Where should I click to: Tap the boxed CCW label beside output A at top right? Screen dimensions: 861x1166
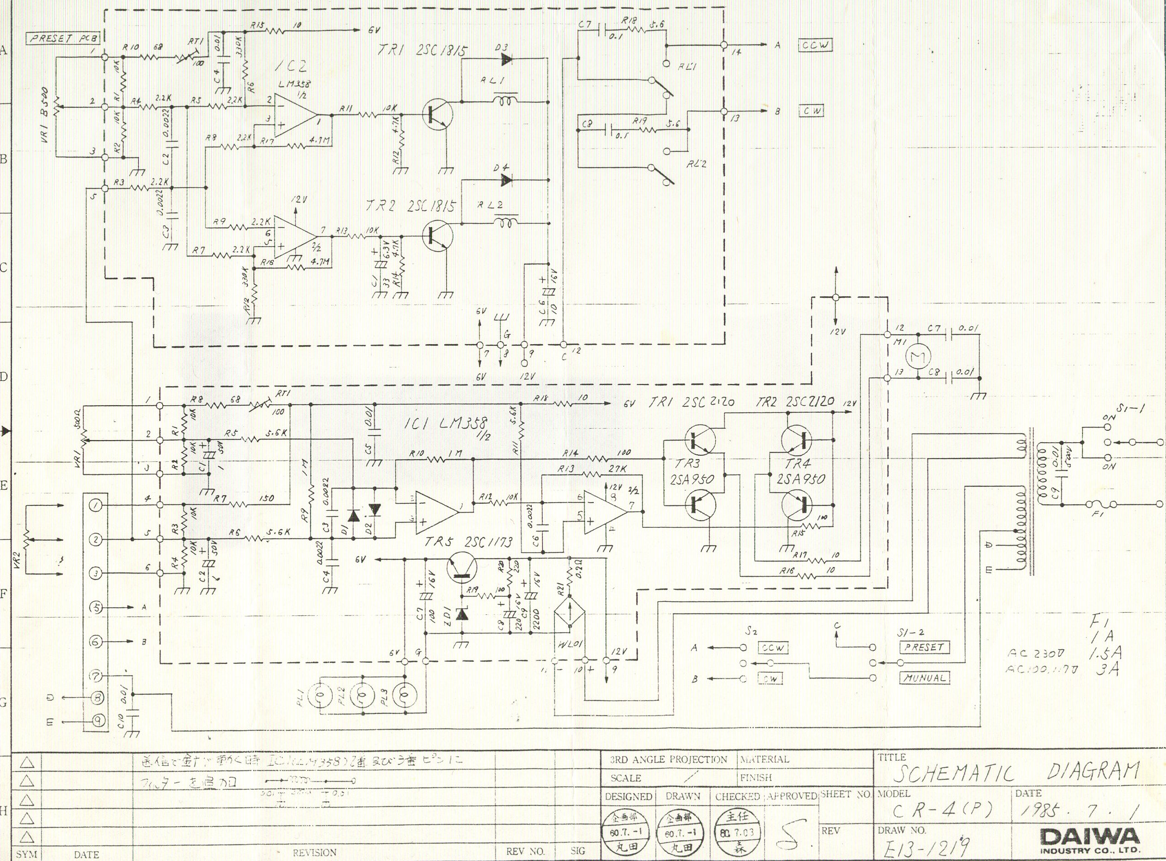click(815, 45)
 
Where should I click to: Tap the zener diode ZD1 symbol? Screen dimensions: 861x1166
click(462, 614)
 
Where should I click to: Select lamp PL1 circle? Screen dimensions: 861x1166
click(321, 694)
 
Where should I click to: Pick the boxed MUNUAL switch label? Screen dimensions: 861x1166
click(924, 678)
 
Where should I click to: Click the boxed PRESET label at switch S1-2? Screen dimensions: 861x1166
click(924, 648)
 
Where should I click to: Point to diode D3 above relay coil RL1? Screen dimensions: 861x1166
click(506, 60)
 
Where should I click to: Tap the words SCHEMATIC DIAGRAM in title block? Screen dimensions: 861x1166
click(1015, 772)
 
